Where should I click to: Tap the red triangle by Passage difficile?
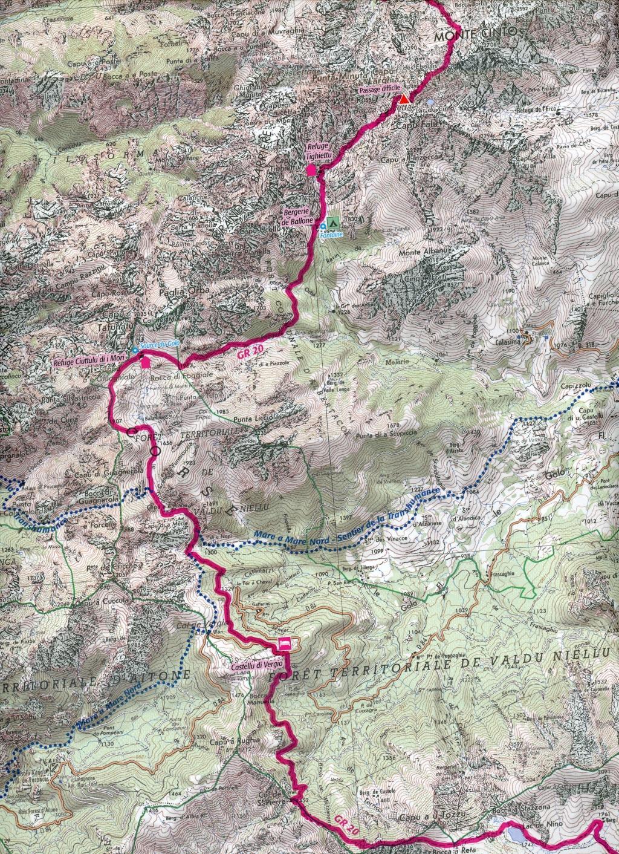(404, 99)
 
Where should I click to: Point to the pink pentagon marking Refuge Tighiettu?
(311, 172)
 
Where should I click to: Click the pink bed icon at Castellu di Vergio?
(284, 643)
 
